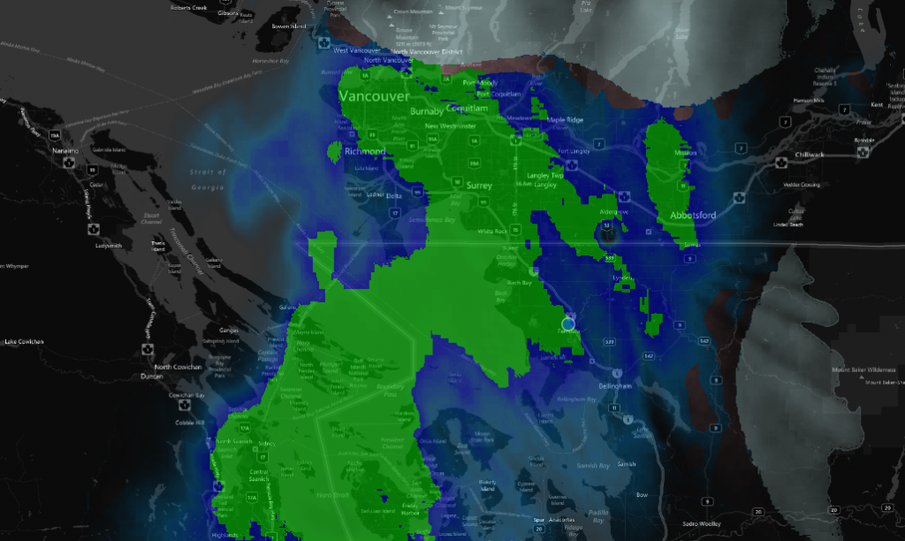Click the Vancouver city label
[374, 96]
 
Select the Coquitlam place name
[468, 108]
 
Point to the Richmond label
[364, 151]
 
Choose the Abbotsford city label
[693, 215]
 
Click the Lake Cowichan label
[23, 341]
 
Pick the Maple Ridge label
[566, 120]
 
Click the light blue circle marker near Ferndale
[567, 324]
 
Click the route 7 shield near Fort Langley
[598, 144]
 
